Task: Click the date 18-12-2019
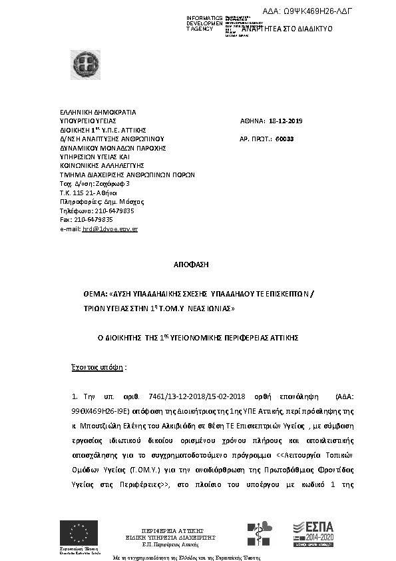[x=286, y=121]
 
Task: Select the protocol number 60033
[x=284, y=139]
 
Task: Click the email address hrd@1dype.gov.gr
[x=109, y=229]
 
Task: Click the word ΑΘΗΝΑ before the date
[x=252, y=121]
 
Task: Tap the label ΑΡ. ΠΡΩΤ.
[x=253, y=139]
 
